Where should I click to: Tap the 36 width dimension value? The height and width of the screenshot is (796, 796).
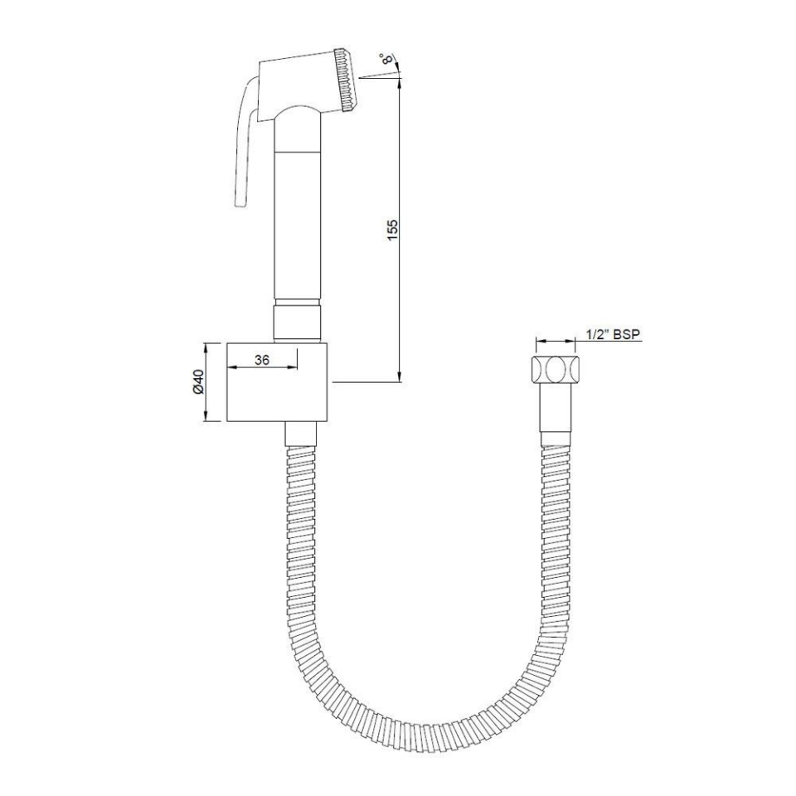[x=262, y=360]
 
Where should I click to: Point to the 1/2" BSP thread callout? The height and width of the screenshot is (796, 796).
[x=613, y=334]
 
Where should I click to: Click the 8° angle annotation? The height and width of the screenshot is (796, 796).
[x=386, y=59]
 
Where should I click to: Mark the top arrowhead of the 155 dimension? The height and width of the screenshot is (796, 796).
[x=400, y=83]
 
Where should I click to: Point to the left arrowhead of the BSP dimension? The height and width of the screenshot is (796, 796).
[x=540, y=341]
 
